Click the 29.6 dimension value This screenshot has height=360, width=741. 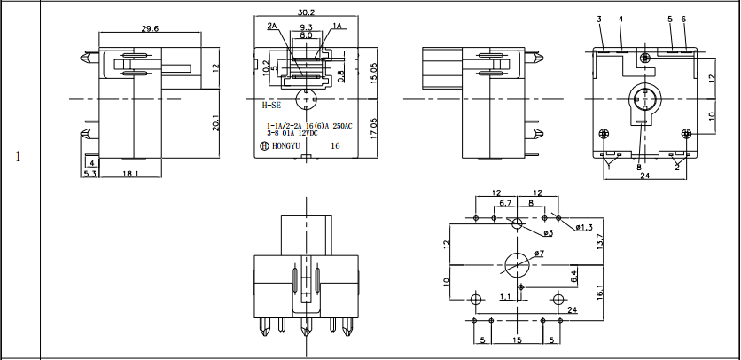(x=151, y=28)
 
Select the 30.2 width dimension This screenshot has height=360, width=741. (x=306, y=13)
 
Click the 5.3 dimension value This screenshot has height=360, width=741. (x=90, y=175)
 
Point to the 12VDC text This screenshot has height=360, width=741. (x=310, y=135)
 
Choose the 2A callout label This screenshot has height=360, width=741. (x=272, y=27)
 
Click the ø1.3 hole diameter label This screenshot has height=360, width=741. (x=584, y=228)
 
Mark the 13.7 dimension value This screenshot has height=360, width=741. (x=600, y=240)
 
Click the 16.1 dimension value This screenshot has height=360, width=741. (x=600, y=293)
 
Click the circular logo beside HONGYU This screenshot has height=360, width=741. (x=264, y=145)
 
